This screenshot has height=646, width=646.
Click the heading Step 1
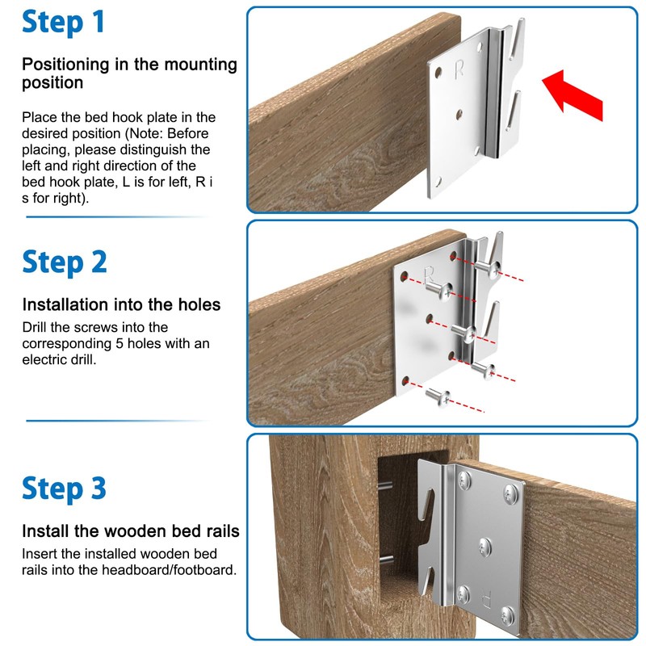(64, 23)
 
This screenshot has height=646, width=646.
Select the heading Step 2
(64, 262)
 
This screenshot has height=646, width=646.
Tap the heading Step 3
(64, 489)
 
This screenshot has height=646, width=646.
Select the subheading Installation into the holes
(121, 305)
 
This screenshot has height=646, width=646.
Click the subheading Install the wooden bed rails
(130, 531)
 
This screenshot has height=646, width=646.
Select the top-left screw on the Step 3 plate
(464, 481)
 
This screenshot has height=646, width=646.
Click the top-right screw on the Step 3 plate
(510, 492)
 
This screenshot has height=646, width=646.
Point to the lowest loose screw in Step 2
(435, 396)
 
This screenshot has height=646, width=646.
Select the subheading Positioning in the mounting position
(129, 73)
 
